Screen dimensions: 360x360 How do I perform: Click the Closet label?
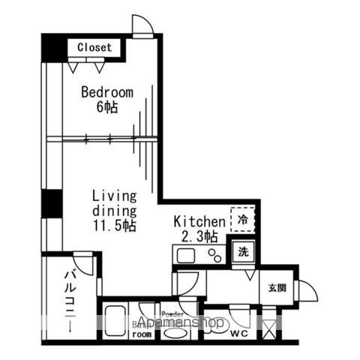click(x=94, y=47)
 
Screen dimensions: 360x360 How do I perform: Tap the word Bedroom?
click(x=107, y=93)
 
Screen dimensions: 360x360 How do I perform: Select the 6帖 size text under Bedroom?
click(x=107, y=106)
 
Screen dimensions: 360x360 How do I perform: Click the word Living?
click(x=114, y=196)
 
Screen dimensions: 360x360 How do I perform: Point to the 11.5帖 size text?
click(x=114, y=225)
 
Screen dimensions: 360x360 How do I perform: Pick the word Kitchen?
click(x=199, y=222)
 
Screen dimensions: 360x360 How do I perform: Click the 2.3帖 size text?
click(x=199, y=236)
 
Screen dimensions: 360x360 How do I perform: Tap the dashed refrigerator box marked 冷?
click(x=243, y=220)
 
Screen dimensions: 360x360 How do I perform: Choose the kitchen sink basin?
click(x=184, y=256)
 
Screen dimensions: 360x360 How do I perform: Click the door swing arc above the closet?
click(x=142, y=25)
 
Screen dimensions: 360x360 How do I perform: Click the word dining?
click(x=114, y=211)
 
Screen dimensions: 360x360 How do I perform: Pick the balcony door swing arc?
click(x=85, y=262)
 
